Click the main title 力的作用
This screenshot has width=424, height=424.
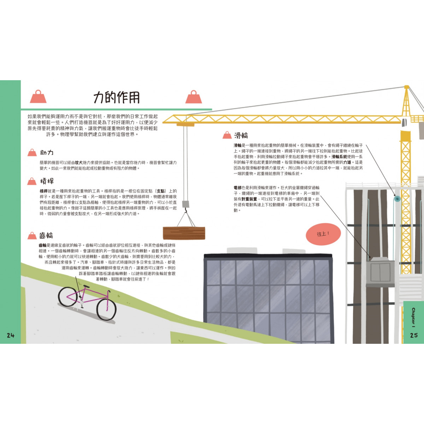pyautogui.click(x=117, y=98)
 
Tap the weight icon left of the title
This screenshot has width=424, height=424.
pyautogui.click(x=38, y=96)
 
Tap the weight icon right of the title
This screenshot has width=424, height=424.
pyautogui.click(x=194, y=96)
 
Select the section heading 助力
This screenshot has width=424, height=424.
pyautogui.click(x=47, y=153)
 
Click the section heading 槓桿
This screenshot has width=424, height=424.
pyautogui.click(x=47, y=181)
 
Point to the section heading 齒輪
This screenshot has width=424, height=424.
pyautogui.click(x=46, y=236)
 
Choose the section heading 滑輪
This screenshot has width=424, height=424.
pyautogui.click(x=241, y=135)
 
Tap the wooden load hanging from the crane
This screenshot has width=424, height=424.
pyautogui.click(x=184, y=233)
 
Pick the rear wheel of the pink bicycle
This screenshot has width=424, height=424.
pyautogui.click(x=67, y=296)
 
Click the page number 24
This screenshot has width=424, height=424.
pyautogui.click(x=11, y=335)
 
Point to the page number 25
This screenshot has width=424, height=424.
pyautogui.click(x=414, y=335)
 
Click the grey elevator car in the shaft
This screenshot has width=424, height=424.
pyautogui.click(x=380, y=271)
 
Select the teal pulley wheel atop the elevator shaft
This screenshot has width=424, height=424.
pyautogui.click(x=397, y=199)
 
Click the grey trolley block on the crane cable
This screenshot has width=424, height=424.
pyautogui.click(x=185, y=204)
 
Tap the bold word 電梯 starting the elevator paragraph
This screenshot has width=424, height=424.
pyautogui.click(x=237, y=188)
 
